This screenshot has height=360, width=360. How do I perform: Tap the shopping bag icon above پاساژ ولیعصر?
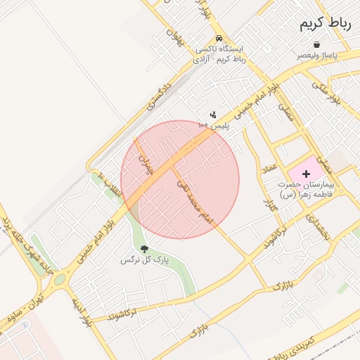tap(316, 44)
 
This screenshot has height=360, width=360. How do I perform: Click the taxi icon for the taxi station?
tap(219, 38)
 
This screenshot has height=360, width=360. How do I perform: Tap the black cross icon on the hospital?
tap(306, 173)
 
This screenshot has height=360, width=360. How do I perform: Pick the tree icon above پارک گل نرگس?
tap(144, 249)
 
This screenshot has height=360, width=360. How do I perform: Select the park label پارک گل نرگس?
tap(145, 260)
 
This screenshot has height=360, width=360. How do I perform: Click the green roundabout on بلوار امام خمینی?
tap(59, 280)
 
